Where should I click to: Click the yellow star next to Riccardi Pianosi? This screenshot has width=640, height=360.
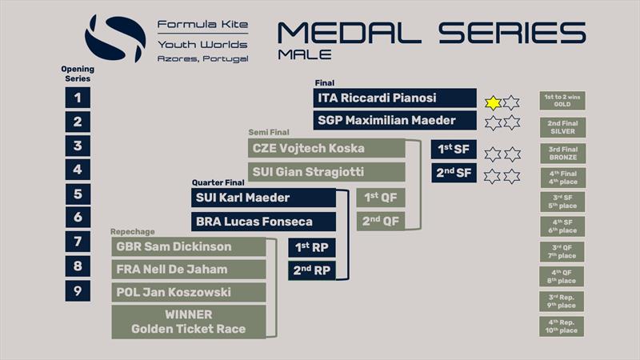(x=494, y=102)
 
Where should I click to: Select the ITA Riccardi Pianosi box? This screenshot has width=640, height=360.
(x=394, y=98)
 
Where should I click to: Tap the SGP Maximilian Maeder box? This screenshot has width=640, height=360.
(x=394, y=122)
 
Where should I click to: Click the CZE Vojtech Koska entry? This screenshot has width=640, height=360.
(x=326, y=148)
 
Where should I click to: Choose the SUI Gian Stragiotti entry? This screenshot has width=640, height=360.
(x=326, y=171)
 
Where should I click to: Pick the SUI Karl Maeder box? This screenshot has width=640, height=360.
(x=263, y=198)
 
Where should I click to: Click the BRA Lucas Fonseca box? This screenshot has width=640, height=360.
(x=263, y=221)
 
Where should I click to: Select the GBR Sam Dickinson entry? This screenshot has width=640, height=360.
(x=188, y=246)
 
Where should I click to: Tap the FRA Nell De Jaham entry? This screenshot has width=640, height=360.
(x=188, y=270)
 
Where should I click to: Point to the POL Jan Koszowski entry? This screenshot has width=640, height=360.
(x=188, y=292)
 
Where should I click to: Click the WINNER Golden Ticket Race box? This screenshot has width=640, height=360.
(x=188, y=322)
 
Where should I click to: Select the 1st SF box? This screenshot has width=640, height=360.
(x=454, y=150)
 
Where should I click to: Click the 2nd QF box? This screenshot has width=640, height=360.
(x=380, y=221)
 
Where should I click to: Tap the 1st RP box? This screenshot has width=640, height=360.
(x=311, y=247)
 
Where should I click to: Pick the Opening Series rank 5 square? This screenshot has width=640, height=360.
(x=78, y=194)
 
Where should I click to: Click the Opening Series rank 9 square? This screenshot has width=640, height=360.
(x=78, y=290)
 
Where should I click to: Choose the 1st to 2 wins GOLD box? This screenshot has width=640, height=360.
(x=562, y=101)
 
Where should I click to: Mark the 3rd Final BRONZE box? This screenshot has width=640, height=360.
(x=562, y=153)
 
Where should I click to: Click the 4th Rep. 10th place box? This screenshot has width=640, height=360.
(x=562, y=326)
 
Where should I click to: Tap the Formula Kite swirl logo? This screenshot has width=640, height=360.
(x=115, y=38)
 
